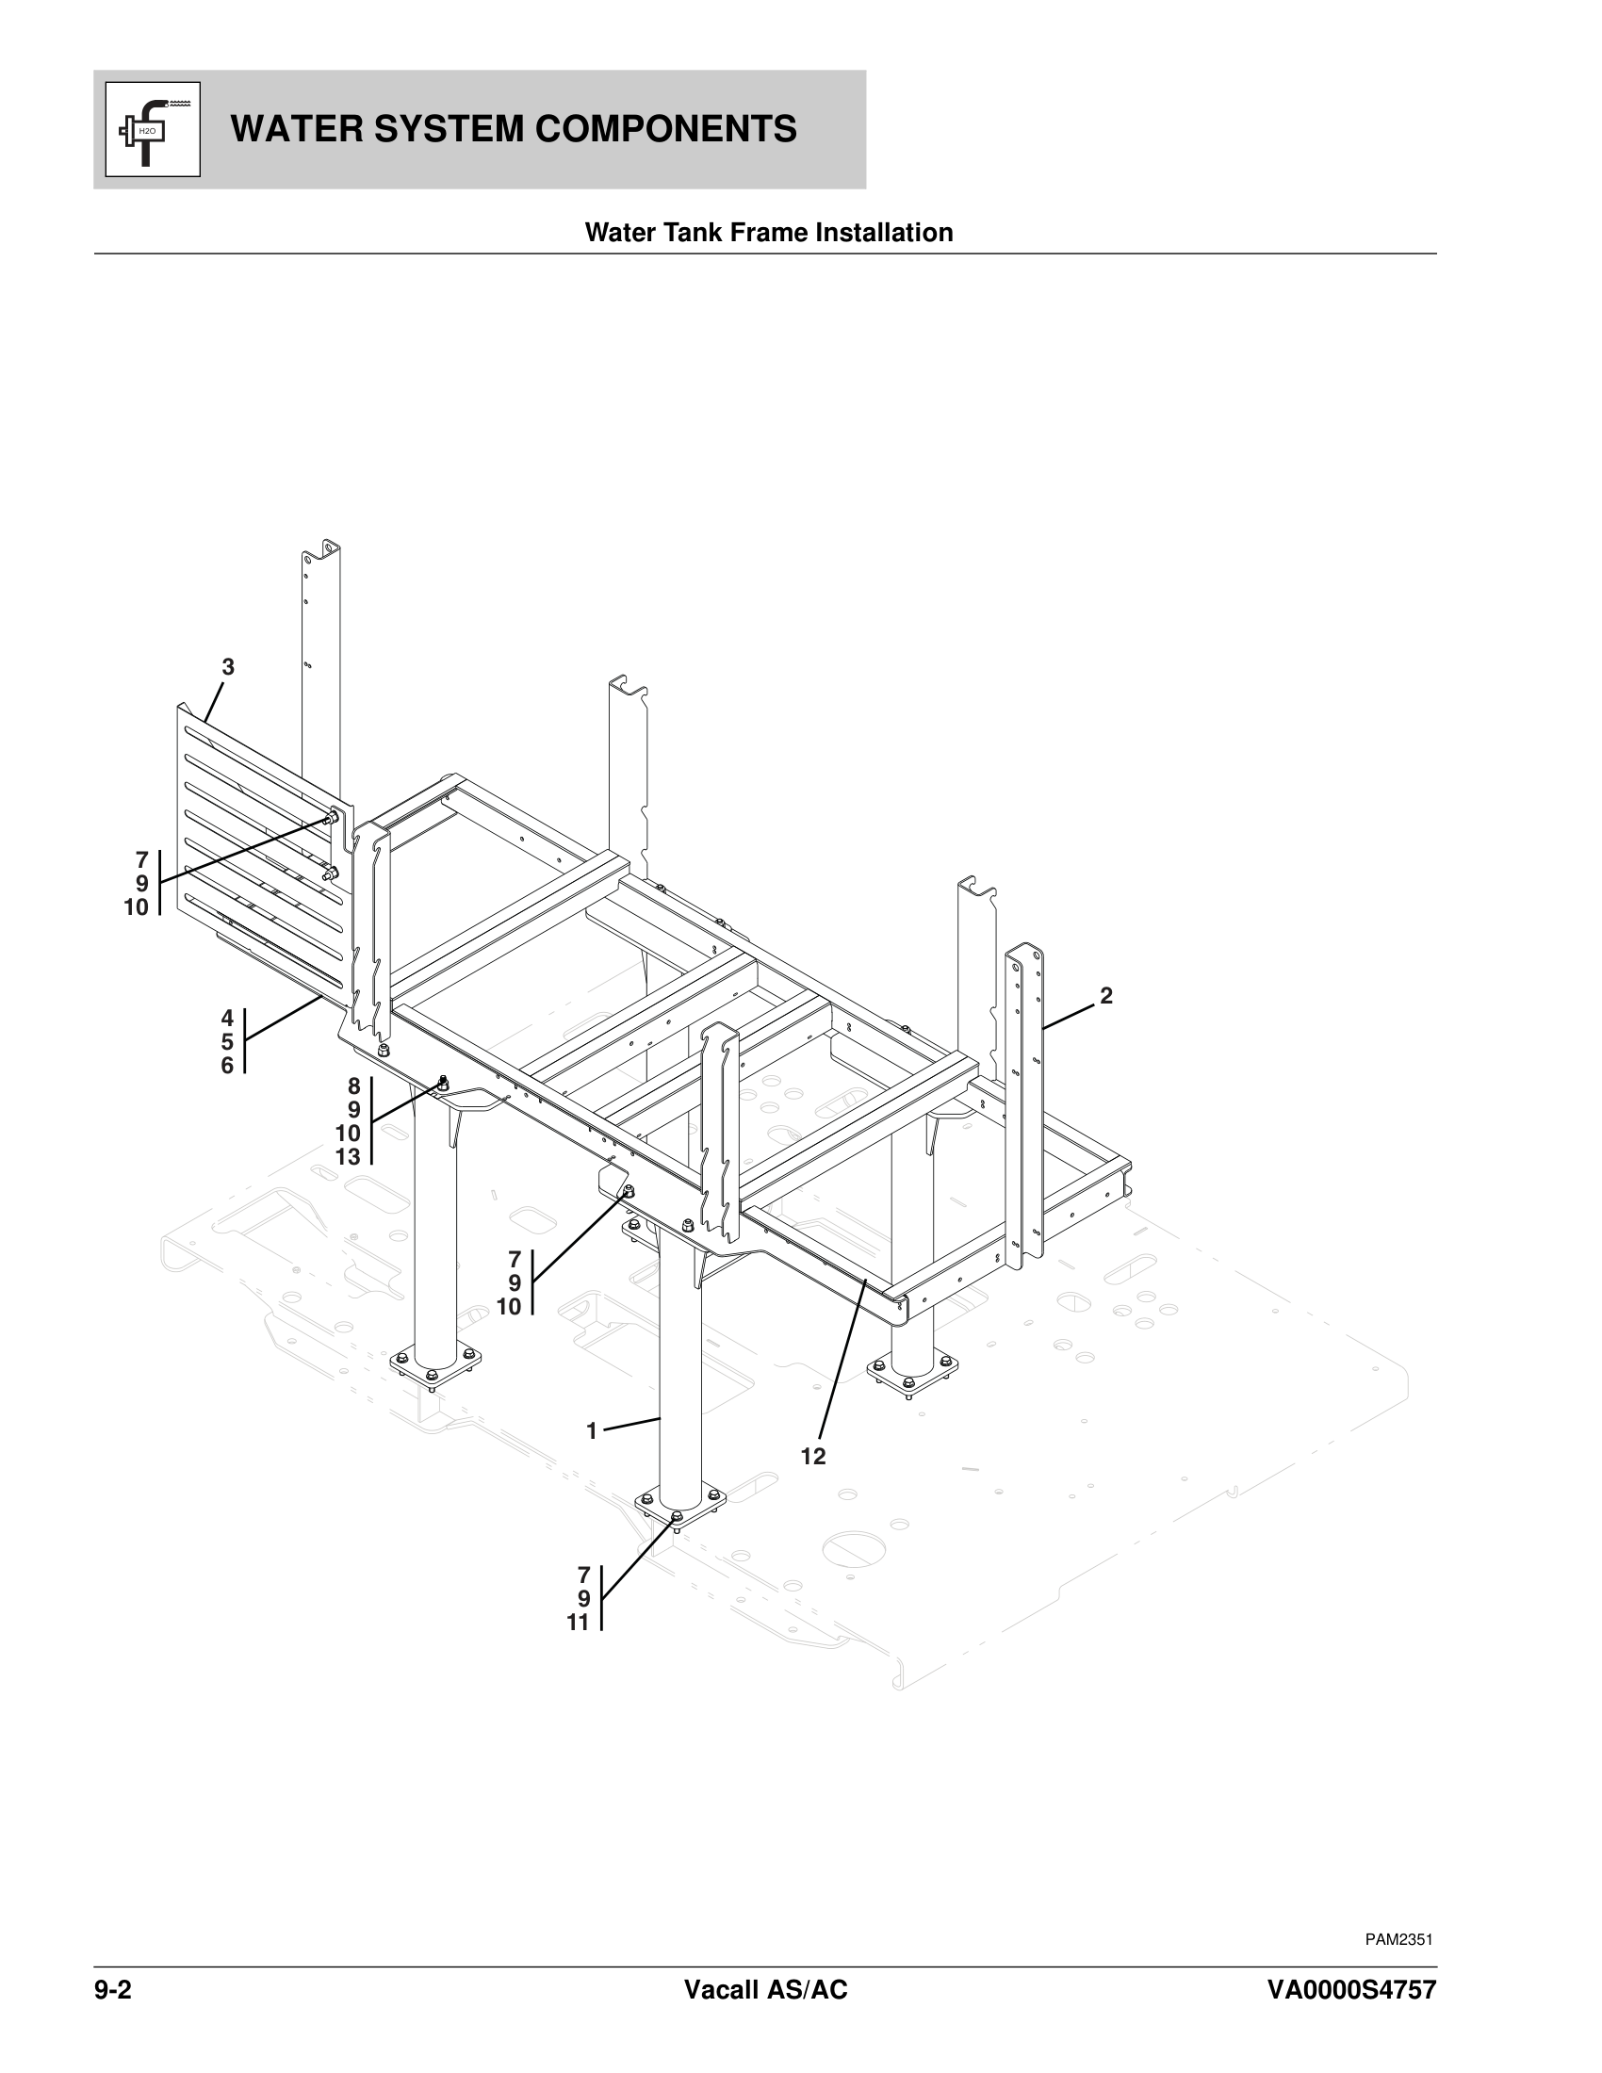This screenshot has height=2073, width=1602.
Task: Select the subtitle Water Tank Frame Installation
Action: point(769,233)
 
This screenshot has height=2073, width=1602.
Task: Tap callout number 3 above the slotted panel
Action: point(228,667)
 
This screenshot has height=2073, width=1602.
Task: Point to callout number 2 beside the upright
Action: point(1105,996)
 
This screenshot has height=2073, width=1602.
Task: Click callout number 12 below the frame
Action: point(812,1456)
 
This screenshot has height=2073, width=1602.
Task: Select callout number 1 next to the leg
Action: point(591,1431)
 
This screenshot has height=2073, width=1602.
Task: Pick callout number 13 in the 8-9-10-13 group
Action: point(348,1157)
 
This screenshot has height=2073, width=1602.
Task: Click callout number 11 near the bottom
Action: point(578,1624)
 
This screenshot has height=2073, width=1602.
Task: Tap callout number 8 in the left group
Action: point(353,1085)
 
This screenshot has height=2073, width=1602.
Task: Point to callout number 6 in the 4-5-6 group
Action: point(227,1066)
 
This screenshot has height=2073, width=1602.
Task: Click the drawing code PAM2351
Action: point(1398,1939)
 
